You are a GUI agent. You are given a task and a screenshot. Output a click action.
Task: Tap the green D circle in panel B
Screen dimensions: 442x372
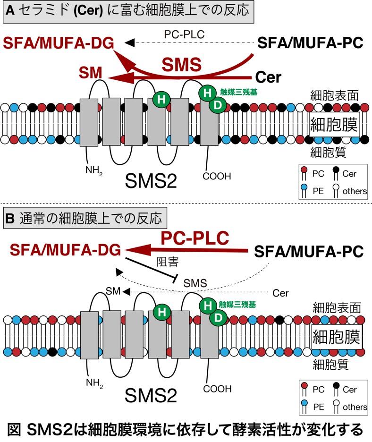click(x=218, y=318)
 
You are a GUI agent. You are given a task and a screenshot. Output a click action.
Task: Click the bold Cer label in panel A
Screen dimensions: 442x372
click(x=268, y=76)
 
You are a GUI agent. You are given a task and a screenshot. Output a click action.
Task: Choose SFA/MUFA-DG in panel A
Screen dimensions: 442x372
click(x=59, y=43)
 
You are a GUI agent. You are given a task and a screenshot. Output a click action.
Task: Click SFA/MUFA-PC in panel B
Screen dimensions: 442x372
click(x=309, y=252)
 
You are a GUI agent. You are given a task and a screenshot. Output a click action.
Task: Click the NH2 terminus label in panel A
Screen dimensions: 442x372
click(x=93, y=170)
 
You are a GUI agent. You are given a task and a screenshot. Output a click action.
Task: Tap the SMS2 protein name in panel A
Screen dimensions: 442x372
click(x=152, y=180)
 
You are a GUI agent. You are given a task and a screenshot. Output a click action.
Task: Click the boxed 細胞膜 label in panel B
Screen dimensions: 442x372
click(x=337, y=337)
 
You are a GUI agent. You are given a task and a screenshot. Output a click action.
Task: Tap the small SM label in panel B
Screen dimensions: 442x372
click(x=110, y=291)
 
